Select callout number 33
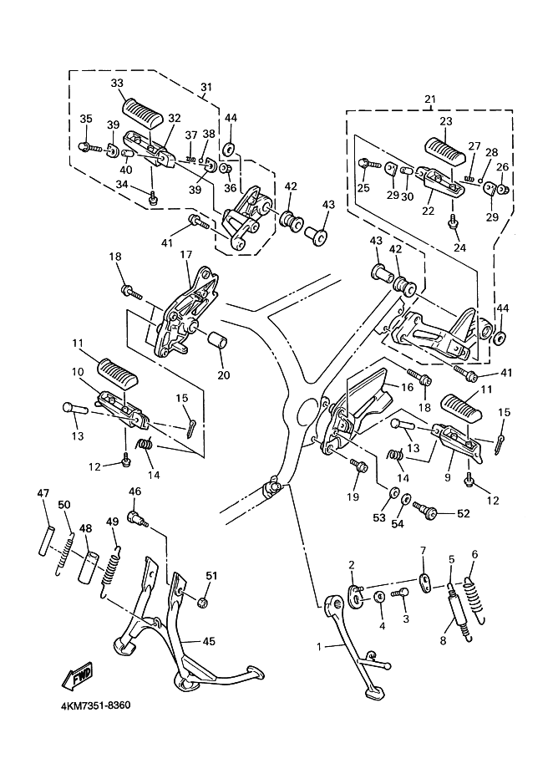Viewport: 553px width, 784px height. click(117, 83)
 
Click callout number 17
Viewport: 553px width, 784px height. click(185, 254)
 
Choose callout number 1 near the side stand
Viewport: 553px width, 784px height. click(318, 647)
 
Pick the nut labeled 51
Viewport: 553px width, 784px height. click(202, 601)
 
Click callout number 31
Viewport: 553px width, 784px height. click(206, 87)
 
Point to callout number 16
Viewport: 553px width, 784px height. click(407, 387)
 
